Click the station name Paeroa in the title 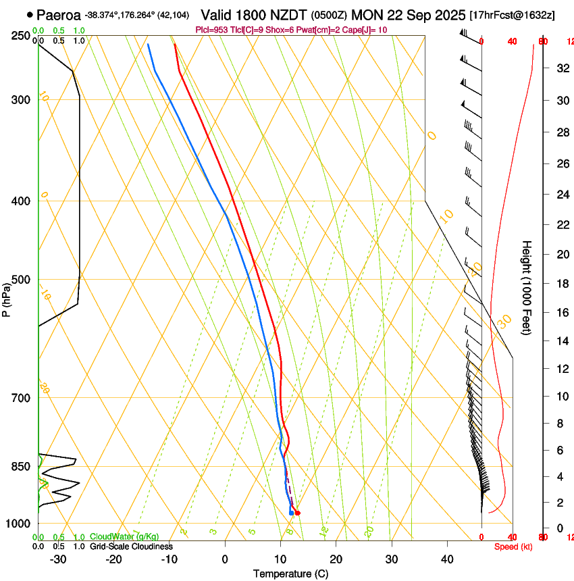coord(59,14)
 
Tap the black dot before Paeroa coord(30,14)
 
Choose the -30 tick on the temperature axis coord(58,559)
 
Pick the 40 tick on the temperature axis coord(447,559)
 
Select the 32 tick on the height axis coord(542,68)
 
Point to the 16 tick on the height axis coord(542,313)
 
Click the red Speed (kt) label coord(513,547)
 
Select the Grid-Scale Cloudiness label coord(131,547)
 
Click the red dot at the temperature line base coord(297,513)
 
